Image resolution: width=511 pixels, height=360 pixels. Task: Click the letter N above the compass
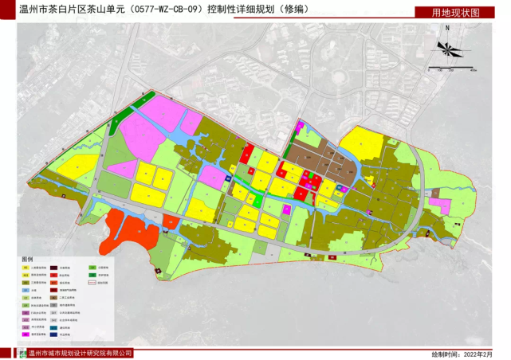click(449, 29)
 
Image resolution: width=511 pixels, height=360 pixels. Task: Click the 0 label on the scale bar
click(430, 70)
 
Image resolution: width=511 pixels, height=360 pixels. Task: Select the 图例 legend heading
click(27, 260)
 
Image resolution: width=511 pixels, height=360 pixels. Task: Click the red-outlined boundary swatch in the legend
click(92, 283)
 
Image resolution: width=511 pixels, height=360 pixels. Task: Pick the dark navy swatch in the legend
click(53, 335)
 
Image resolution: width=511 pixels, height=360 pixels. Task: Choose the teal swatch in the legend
click(53, 328)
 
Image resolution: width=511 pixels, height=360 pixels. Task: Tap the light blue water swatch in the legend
click(26, 290)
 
